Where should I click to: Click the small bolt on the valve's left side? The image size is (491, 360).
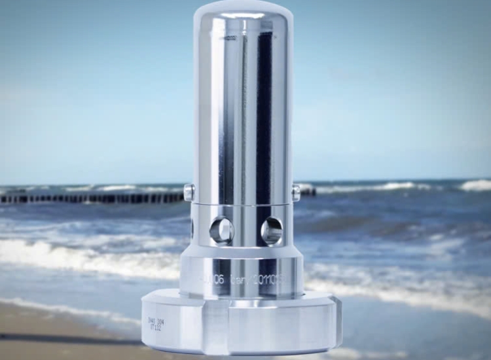(189, 192)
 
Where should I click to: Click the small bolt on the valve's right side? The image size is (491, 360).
(296, 193)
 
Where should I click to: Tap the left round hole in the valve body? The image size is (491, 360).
(222, 230)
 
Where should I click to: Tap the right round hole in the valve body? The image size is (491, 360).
(272, 230)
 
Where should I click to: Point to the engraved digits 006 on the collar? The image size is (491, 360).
(214, 279)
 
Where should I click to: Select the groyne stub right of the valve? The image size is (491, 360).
(308, 192)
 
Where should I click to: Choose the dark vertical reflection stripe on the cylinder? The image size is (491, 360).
(264, 111)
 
